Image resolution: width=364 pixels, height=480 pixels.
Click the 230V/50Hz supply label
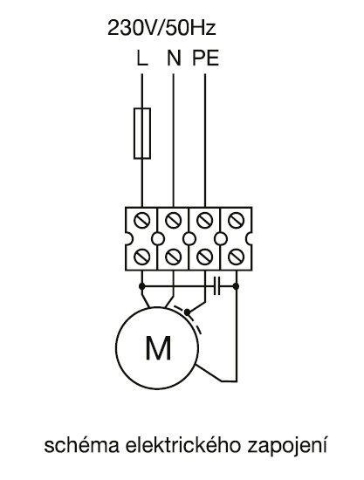[x=161, y=28]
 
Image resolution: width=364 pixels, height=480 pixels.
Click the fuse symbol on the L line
[x=142, y=134]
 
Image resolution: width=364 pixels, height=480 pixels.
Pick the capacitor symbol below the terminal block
[x=216, y=286]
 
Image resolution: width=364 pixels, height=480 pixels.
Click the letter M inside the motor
[x=158, y=348]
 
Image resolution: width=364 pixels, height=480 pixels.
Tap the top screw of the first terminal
[x=142, y=220]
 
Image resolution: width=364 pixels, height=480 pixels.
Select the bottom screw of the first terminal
[x=142, y=257]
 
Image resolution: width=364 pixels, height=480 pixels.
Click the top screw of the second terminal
[x=174, y=220]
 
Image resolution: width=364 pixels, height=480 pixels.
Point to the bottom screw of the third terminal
[x=205, y=257]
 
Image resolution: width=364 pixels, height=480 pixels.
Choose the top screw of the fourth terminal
[x=237, y=220]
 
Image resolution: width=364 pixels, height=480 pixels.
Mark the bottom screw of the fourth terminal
[x=237, y=257]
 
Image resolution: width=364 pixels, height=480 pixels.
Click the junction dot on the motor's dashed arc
[x=187, y=312]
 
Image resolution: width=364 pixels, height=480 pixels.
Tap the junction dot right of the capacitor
[x=236, y=286]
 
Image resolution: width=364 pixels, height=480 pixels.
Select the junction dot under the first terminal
[x=141, y=286]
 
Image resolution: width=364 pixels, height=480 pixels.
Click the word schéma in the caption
[x=82, y=445]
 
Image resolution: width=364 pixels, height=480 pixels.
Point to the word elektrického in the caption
[x=183, y=445]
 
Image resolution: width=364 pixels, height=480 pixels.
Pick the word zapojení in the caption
[x=287, y=447]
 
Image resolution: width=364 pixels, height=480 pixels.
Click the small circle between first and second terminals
[x=158, y=238]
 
